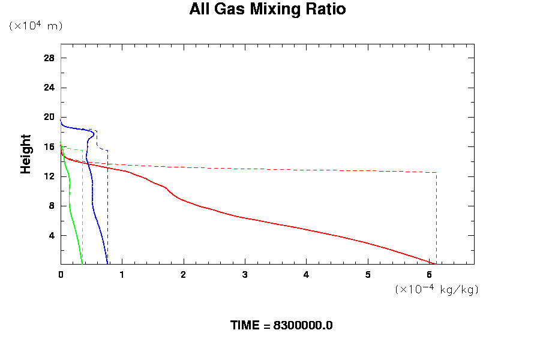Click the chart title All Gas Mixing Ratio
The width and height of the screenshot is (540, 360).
(x=268, y=10)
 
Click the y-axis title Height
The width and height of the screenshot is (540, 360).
(x=26, y=154)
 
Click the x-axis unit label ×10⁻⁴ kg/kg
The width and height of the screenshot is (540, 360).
(x=436, y=289)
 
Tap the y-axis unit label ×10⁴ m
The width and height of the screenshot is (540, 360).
(x=35, y=26)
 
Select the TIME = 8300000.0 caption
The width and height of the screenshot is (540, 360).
(x=281, y=325)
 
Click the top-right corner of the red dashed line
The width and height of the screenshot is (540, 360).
(x=436, y=173)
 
